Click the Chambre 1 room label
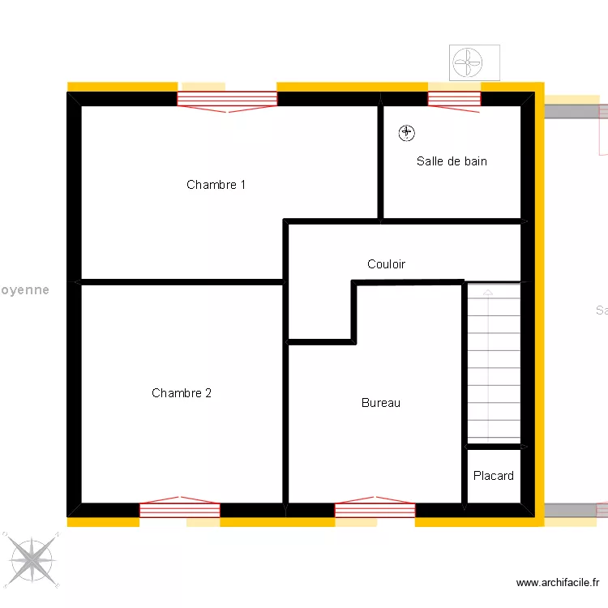(216, 185)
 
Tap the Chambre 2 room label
(182, 393)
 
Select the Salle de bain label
(452, 161)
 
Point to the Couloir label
(386, 264)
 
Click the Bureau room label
(381, 403)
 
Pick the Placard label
(493, 476)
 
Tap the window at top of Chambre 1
(227, 99)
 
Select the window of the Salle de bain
(454, 99)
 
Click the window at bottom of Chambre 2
(180, 510)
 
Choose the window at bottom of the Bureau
(375, 510)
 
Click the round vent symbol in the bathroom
(406, 132)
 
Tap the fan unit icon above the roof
(475, 62)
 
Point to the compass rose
(32, 559)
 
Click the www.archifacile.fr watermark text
(558, 583)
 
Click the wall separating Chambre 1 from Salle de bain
(379, 162)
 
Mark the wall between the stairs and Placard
(493, 447)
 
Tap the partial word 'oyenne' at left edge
(24, 289)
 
